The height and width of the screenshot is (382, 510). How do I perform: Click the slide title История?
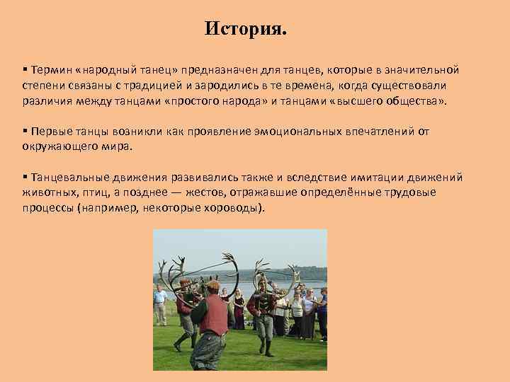coord(246,30)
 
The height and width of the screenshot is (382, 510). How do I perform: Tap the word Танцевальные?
coord(69,177)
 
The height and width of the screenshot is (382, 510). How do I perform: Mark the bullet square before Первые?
coord(24,132)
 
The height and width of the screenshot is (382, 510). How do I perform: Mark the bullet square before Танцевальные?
coord(24,177)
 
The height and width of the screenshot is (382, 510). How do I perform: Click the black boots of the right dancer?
coord(267,347)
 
